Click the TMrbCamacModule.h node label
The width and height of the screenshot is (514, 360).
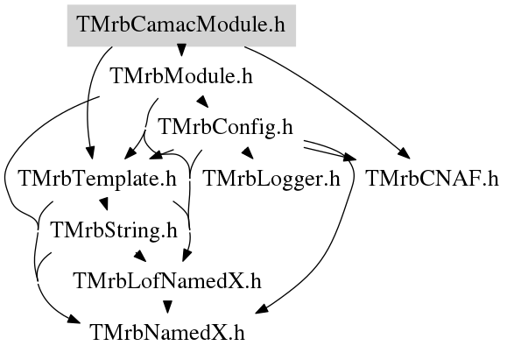pyautogui.click(x=181, y=25)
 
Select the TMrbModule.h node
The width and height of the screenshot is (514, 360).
pyautogui.click(x=182, y=76)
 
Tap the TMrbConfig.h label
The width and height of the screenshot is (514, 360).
pyautogui.click(x=226, y=127)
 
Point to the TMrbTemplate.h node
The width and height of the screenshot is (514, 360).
pyautogui.click(x=98, y=179)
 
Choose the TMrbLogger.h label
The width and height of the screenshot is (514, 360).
pyautogui.click(x=271, y=179)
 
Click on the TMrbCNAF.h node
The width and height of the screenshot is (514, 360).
pyautogui.click(x=432, y=179)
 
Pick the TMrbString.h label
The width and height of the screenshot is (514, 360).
pyautogui.click(x=114, y=230)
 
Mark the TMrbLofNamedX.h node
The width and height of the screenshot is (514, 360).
pyautogui.click(x=168, y=281)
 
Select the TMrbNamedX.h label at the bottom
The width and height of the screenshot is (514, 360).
pyautogui.click(x=167, y=333)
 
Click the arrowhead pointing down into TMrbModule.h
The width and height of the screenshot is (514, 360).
pyautogui.click(x=181, y=50)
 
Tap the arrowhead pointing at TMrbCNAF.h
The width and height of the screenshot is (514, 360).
pyautogui.click(x=404, y=153)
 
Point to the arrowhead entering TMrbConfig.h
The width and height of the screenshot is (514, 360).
pyautogui.click(x=203, y=101)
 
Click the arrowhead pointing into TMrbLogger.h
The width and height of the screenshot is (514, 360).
pyautogui.click(x=248, y=152)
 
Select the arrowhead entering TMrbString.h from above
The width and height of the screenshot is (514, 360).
pyautogui.click(x=104, y=203)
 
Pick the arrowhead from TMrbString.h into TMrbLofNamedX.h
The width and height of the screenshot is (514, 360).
pyautogui.click(x=140, y=256)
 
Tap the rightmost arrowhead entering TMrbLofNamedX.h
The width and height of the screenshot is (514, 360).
pyautogui.click(x=187, y=255)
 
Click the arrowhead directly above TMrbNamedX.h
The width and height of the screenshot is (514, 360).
pyautogui.click(x=167, y=307)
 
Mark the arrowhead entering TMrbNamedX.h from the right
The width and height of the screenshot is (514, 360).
pyautogui.click(x=261, y=309)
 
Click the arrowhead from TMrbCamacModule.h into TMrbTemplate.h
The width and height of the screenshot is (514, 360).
pyautogui.click(x=90, y=153)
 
